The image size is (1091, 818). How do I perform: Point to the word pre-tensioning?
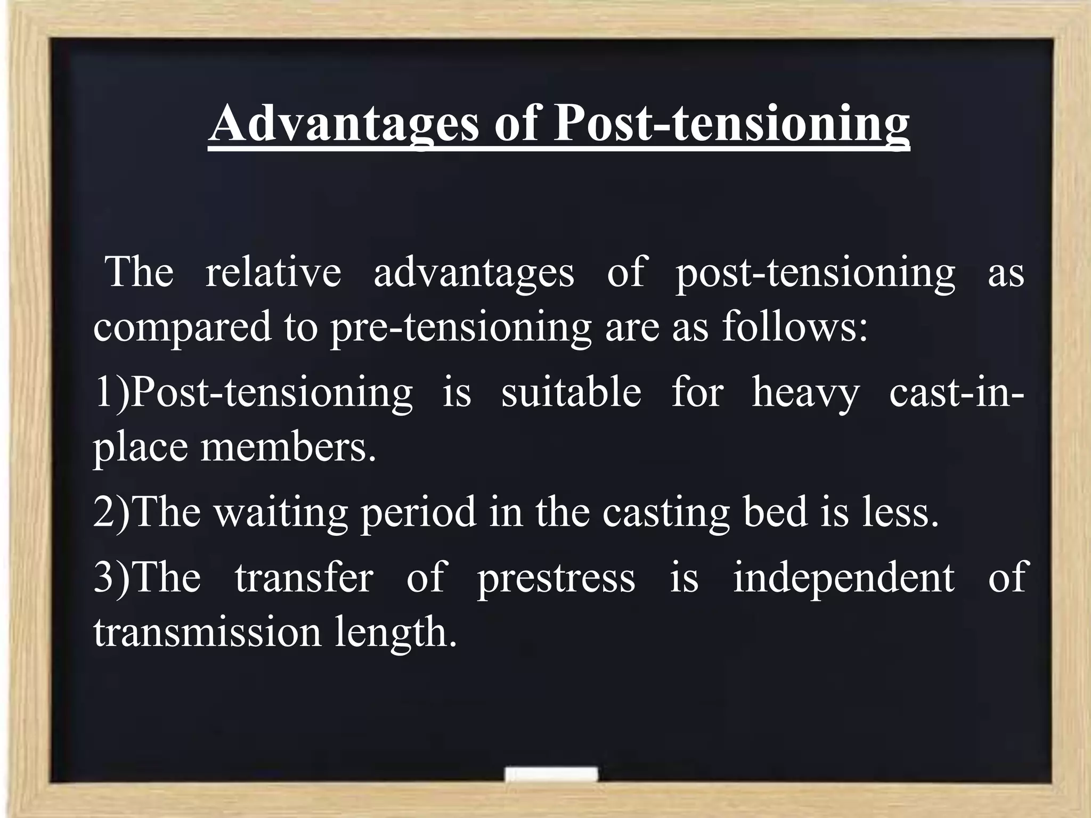(461, 327)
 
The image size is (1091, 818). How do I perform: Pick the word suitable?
(571, 392)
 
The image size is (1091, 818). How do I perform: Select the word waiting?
(281, 512)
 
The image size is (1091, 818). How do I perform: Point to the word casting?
(666, 512)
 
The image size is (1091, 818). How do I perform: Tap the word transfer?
(304, 577)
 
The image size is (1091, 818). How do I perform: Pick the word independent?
(844, 578)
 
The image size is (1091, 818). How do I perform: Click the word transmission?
(208, 633)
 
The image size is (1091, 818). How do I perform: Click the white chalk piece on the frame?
(551, 774)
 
